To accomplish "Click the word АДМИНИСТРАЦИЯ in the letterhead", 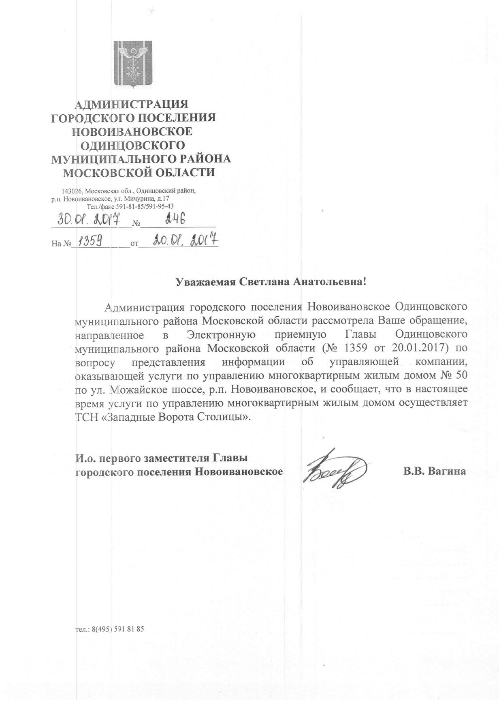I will [132, 104].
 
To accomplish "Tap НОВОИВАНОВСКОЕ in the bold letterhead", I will [132, 131].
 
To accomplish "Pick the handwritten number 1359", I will [90, 242].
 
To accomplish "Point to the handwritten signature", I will [336, 471].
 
